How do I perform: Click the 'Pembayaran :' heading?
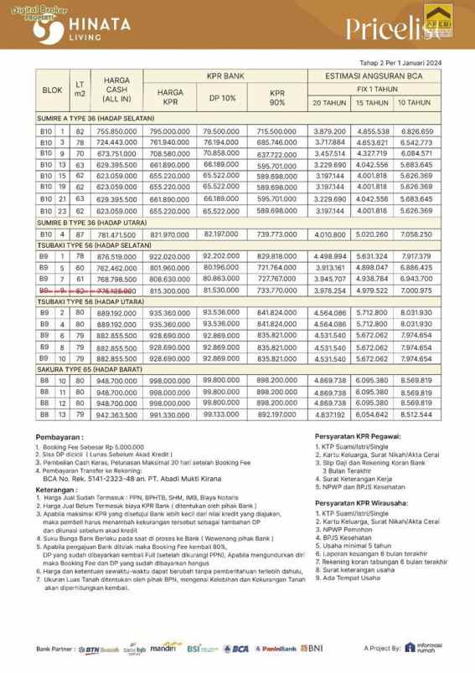[x=61, y=438]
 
